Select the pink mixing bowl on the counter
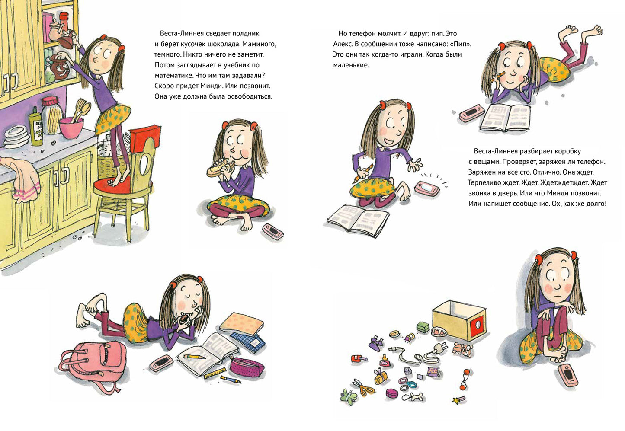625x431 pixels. (71, 128)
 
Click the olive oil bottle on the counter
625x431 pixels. (35, 126)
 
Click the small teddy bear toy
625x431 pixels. (463, 350)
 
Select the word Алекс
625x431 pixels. (343, 44)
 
